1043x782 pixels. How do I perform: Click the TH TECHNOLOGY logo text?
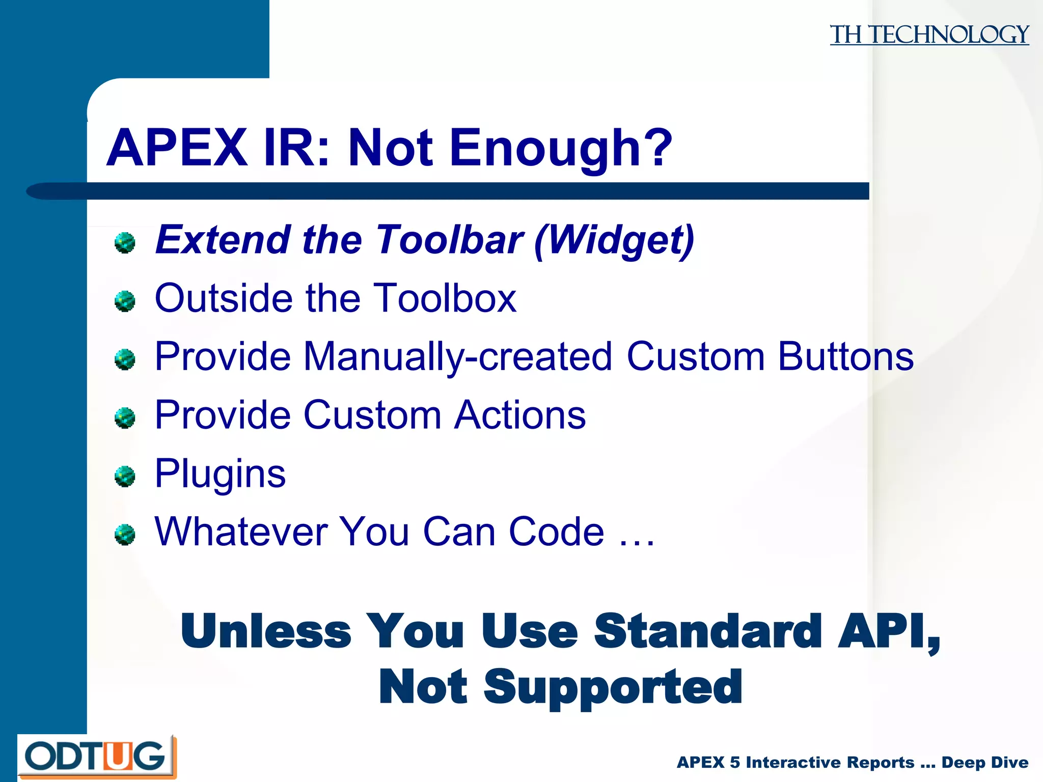[929, 35]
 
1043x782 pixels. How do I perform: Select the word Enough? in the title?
[560, 148]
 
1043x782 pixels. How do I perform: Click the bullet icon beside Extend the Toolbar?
[125, 243]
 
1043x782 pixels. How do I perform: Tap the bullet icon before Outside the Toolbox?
[125, 301]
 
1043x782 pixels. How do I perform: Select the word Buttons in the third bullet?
[845, 356]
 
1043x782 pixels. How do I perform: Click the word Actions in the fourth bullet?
[520, 415]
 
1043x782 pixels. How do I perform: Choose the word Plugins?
[220, 474]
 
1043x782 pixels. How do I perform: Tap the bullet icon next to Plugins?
[125, 477]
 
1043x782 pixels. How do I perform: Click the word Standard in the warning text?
[708, 632]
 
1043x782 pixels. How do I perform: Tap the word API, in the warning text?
[889, 632]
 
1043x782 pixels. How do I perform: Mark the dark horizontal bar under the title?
[458, 191]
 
